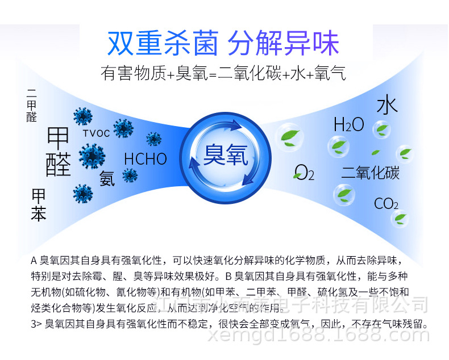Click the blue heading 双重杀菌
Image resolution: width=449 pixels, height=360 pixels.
pyautogui.click(x=163, y=44)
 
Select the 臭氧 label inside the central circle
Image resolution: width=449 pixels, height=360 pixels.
pyautogui.click(x=226, y=154)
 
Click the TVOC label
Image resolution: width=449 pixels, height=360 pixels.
pyautogui.click(x=96, y=133)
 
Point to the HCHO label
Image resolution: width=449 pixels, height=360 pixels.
pyautogui.click(x=145, y=158)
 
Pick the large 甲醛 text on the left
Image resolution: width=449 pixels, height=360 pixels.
pyautogui.click(x=59, y=151)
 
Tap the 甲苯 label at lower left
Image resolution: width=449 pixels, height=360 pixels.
pyautogui.click(x=39, y=205)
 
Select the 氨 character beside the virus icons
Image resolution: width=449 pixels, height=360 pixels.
pyautogui.click(x=107, y=178)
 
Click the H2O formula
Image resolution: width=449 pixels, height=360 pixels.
pyautogui.click(x=348, y=125)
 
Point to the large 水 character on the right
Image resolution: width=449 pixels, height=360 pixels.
pyautogui.click(x=387, y=106)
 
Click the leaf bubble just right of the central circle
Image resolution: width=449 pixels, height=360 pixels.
pyautogui.click(x=287, y=136)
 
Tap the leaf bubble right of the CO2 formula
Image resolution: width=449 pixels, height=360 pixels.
pyautogui.click(x=401, y=217)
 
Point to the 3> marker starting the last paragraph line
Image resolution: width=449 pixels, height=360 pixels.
pyautogui.click(x=36, y=325)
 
